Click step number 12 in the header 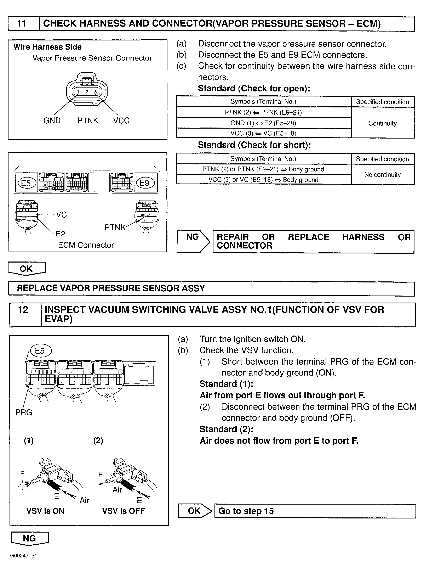pyautogui.click(x=23, y=310)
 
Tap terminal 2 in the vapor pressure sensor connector pyautogui.click(x=87, y=91)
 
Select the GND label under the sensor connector pyautogui.click(x=52, y=120)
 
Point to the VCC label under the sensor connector pyautogui.click(x=121, y=120)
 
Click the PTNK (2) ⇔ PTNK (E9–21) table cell pyautogui.click(x=263, y=112)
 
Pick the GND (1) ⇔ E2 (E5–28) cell pyautogui.click(x=263, y=123)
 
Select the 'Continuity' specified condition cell pyautogui.click(x=382, y=123)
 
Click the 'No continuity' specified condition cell pyautogui.click(x=382, y=175)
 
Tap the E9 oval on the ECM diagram pyautogui.click(x=144, y=183)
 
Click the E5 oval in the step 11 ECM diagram pyautogui.click(x=26, y=183)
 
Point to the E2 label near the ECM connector pyautogui.click(x=61, y=234)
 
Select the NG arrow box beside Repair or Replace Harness pyautogui.click(x=193, y=241)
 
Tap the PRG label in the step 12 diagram pyautogui.click(x=24, y=412)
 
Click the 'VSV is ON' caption pyautogui.click(x=45, y=511)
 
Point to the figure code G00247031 pyautogui.click(x=24, y=556)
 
